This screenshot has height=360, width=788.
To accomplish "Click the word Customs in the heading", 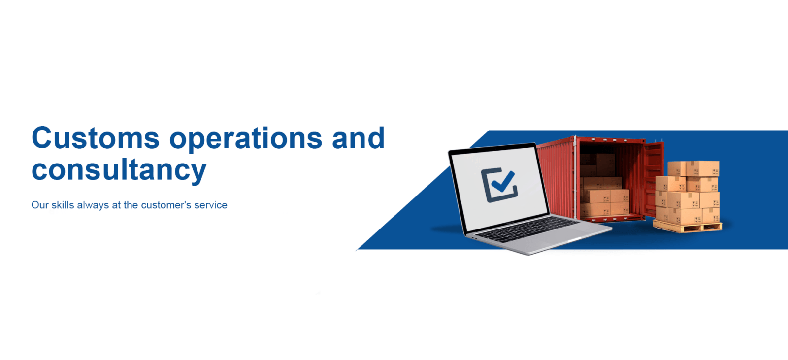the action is click(96, 137).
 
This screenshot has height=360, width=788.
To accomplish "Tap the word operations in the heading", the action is click(246, 140).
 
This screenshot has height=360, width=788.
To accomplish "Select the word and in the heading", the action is click(358, 137).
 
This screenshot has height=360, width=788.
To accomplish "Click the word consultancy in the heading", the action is click(119, 171).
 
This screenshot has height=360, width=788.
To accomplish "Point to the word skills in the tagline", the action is click(63, 205).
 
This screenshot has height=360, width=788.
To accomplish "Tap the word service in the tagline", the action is click(211, 205).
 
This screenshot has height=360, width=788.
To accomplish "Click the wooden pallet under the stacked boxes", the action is click(688, 227).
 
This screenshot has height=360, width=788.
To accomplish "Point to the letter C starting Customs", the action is click(42, 138).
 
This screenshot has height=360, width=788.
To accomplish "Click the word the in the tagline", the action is click(131, 205).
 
